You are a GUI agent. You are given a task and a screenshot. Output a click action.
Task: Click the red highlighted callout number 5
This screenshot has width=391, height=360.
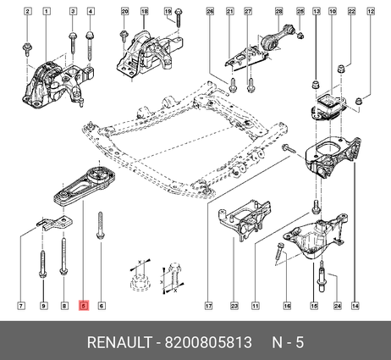point(84,306)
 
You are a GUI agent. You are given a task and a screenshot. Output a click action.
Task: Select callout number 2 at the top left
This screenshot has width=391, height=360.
point(27,12)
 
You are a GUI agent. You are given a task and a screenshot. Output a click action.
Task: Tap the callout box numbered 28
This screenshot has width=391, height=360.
point(278,12)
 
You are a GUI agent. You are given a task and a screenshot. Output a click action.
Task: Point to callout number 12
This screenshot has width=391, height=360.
point(371,12)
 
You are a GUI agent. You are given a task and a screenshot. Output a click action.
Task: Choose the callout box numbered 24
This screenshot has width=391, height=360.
point(338,306)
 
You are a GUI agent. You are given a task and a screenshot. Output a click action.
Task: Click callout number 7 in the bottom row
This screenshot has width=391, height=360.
point(21,306)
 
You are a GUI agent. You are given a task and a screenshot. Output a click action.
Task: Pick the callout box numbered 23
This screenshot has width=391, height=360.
point(234,306)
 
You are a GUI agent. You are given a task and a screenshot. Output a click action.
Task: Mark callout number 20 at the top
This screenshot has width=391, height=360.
point(124,12)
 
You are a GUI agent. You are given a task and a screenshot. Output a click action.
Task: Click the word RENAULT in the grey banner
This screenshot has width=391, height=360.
point(119,342)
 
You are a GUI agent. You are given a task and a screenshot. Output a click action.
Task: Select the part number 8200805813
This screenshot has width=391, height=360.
point(208,342)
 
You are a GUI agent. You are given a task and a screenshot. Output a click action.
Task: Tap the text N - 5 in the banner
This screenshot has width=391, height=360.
point(288,342)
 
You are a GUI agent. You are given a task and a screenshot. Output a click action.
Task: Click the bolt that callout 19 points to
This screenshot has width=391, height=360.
point(179,18)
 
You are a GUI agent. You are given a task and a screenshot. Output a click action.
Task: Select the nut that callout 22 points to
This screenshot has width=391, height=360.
point(342,69)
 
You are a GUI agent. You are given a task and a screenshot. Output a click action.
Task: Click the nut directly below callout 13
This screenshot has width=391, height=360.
point(316,85)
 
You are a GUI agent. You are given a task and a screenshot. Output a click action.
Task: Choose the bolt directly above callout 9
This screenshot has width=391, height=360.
point(42,263)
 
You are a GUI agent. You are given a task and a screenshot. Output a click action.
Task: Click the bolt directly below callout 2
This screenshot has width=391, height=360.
point(27,50)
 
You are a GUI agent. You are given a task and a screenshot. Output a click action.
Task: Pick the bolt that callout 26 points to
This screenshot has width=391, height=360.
point(232,85)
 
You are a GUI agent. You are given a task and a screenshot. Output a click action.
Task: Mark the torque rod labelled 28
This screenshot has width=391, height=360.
point(278,39)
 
